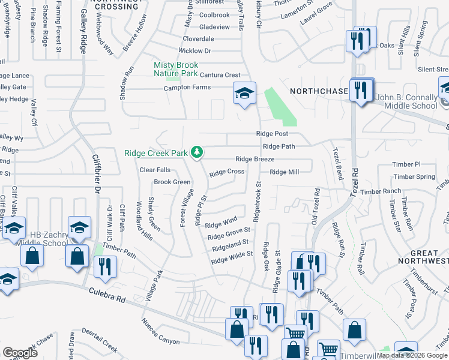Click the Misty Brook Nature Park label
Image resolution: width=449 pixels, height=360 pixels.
pos(176,69)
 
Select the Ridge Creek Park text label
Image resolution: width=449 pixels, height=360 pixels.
pos(156,154)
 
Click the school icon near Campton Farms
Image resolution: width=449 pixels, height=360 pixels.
pos(244,93)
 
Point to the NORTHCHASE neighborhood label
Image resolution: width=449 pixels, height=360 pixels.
pos(319,91)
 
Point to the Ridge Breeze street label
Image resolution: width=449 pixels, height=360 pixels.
pos(255,159)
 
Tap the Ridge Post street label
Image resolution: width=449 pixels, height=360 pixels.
pos(272,133)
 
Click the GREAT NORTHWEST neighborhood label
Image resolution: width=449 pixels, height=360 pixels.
pos(423,257)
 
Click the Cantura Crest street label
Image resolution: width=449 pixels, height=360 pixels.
pos(220,75)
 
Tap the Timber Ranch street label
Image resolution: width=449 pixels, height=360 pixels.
pos(381,191)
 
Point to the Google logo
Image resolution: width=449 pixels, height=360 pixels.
pos(20,353)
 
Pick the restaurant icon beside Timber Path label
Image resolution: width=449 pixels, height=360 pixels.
pos(105,267)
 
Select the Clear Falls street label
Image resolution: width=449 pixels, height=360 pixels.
pos(155,170)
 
